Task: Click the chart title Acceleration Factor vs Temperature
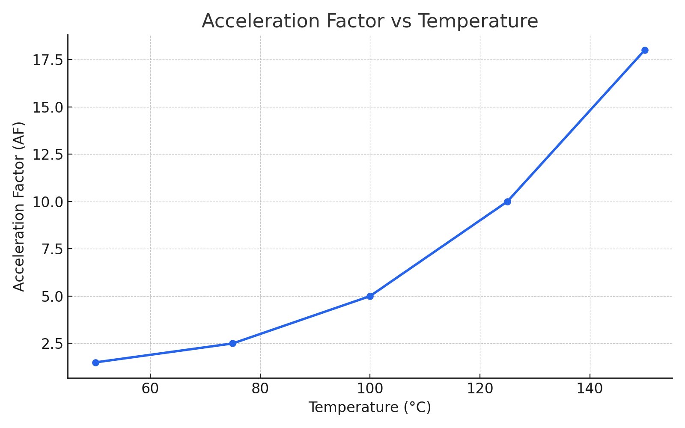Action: click(x=369, y=21)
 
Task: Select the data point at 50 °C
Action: click(x=95, y=363)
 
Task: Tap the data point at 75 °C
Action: click(x=232, y=343)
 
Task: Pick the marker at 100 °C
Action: click(x=370, y=296)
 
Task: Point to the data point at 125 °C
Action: click(x=507, y=202)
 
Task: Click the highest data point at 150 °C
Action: click(x=645, y=50)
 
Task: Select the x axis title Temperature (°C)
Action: click(x=369, y=407)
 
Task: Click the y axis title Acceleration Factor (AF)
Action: click(x=19, y=206)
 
